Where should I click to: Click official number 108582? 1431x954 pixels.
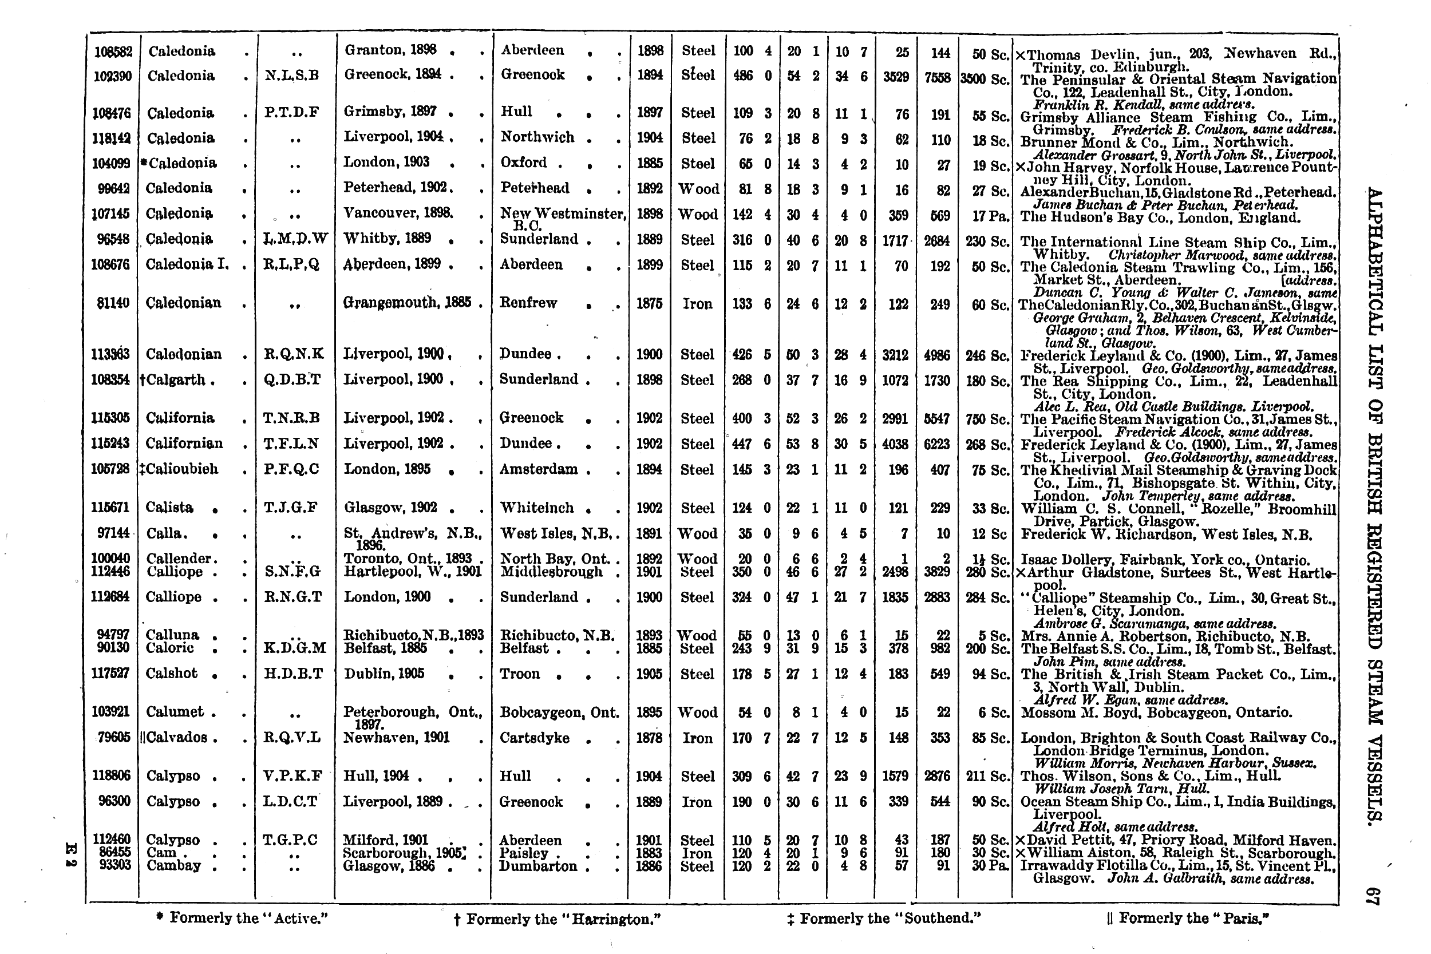point(113,52)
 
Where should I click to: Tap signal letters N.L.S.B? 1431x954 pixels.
point(291,76)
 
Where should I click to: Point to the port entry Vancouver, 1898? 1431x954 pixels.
point(398,213)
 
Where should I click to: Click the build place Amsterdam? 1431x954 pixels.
point(539,469)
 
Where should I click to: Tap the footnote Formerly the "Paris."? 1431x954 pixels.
point(1188,918)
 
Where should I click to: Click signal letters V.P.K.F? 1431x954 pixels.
point(292,777)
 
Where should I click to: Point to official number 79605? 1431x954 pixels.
point(114,738)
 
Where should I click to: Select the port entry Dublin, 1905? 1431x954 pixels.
point(384,674)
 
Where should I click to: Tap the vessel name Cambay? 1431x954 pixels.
point(173,866)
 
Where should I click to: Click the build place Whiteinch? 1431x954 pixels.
point(537,508)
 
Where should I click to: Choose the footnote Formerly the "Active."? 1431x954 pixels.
point(242,918)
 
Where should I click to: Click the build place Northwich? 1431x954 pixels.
point(537,137)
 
